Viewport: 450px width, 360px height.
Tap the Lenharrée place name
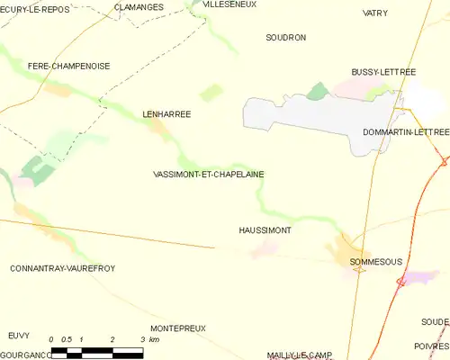[167, 114]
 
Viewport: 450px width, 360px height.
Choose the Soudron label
[286, 38]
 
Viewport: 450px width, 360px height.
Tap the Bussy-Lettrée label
[383, 71]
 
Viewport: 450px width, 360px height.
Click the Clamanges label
[139, 7]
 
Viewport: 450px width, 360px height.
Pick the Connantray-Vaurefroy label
[62, 268]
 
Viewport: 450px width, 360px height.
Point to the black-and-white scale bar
[97, 351]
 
